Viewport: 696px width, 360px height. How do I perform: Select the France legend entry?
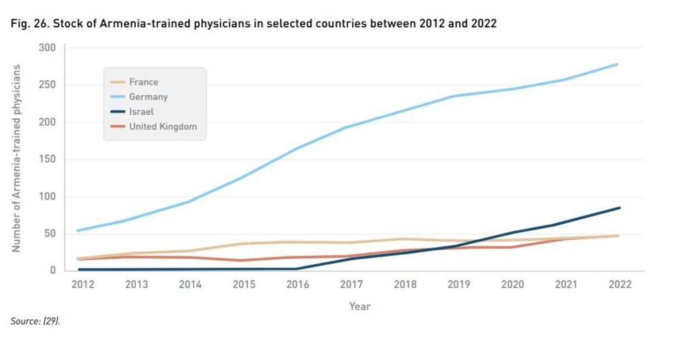coord(143,82)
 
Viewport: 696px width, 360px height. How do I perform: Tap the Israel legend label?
coord(141,111)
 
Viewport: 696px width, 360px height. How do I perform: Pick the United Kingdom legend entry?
coord(163,126)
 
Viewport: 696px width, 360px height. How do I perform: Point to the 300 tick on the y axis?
coord(47,48)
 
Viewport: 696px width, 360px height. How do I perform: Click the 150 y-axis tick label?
coord(47,160)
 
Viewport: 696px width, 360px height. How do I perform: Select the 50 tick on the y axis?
coord(50,234)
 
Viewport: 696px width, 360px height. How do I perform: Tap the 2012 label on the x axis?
coord(83,285)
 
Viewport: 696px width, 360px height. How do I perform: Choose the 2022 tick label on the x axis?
coord(619,285)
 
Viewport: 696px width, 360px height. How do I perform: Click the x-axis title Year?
coord(360,306)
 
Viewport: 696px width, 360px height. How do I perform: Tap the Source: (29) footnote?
coord(35,321)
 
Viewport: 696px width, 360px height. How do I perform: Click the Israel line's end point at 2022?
coord(619,208)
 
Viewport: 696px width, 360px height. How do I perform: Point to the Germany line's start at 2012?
coord(79,230)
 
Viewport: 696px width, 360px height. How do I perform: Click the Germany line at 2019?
coord(454,96)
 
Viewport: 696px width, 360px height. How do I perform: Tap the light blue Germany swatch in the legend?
coord(118,97)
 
